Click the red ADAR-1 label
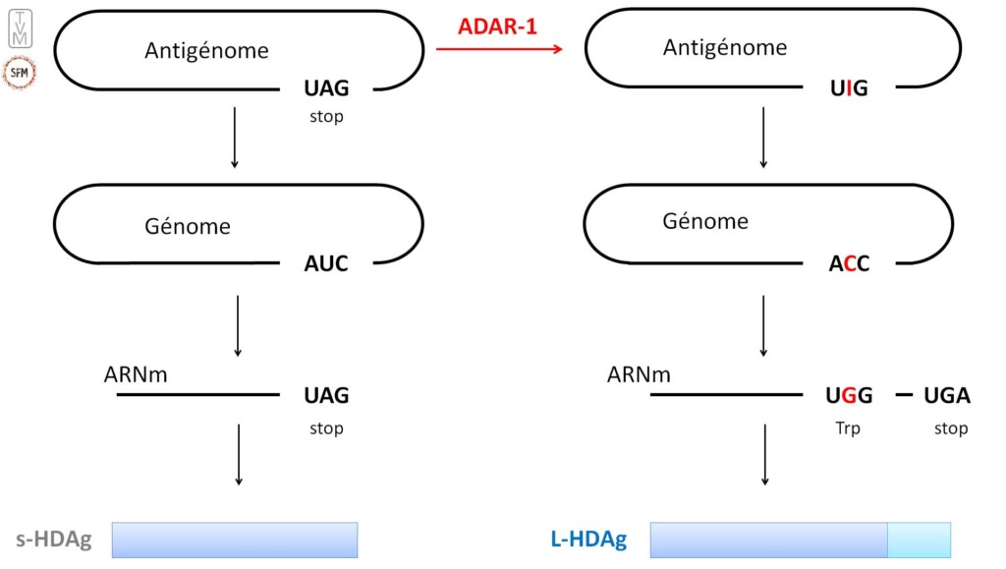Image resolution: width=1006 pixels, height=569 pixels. (498, 27)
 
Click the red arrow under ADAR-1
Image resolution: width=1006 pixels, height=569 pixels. (499, 48)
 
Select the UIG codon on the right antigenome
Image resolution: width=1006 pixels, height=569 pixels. (849, 88)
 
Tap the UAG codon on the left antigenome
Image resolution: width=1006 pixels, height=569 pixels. (326, 88)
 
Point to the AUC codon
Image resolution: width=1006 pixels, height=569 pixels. (326, 263)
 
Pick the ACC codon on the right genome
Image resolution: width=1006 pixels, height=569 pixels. (849, 263)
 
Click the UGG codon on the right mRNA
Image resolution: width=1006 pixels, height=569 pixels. (849, 395)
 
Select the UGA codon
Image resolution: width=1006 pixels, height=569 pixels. (947, 395)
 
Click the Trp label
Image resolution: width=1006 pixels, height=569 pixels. (848, 428)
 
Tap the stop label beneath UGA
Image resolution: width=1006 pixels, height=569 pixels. (951, 428)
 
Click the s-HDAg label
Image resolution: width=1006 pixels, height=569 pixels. (53, 541)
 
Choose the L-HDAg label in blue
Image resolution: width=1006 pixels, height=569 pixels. (587, 541)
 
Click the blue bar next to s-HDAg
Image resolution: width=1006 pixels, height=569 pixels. (235, 541)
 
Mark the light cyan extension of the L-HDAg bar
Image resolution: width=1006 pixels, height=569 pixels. (920, 541)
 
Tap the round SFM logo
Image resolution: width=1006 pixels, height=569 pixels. (21, 72)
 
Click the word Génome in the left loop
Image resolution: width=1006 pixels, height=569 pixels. (188, 226)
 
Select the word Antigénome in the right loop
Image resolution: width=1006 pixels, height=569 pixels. (725, 47)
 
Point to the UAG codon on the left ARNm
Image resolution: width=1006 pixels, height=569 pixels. (326, 395)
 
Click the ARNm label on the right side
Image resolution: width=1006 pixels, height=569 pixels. (639, 374)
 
